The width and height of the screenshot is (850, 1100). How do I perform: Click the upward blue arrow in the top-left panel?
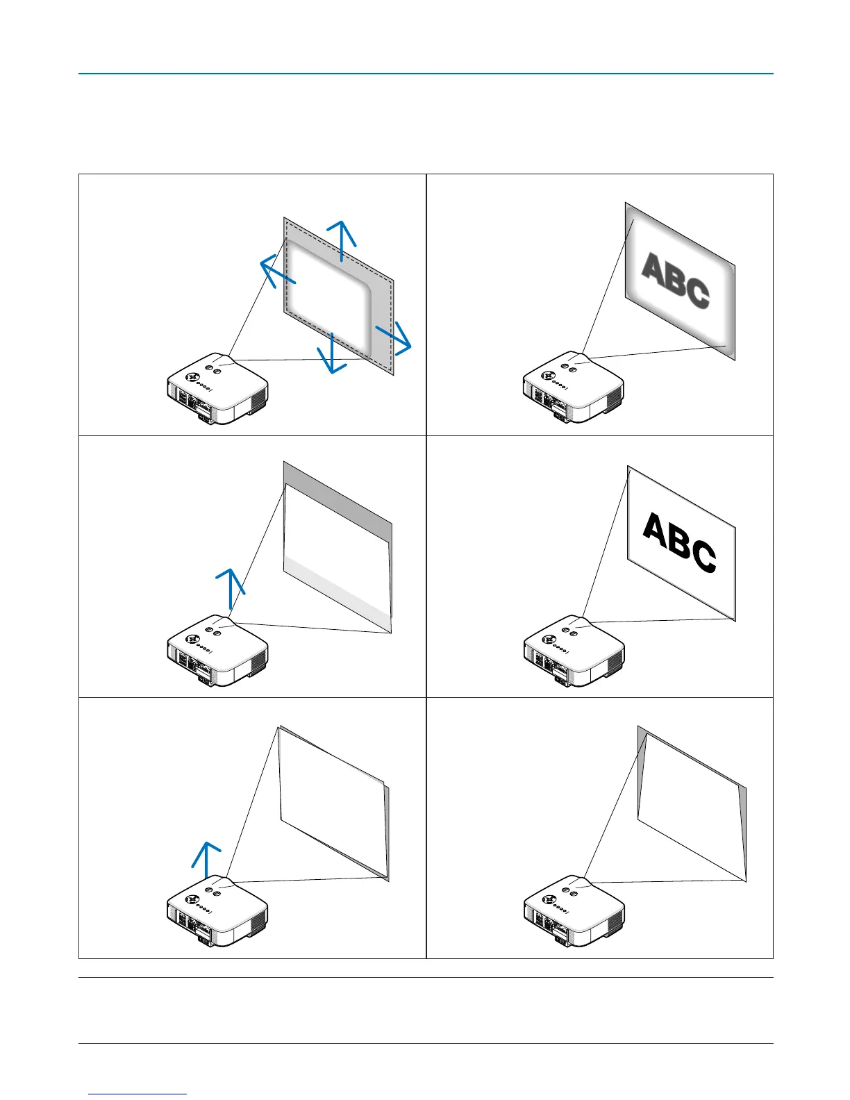[342, 240]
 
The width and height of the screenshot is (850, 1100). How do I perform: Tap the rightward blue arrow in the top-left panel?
[394, 336]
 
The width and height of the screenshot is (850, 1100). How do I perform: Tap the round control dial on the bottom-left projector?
[195, 897]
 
